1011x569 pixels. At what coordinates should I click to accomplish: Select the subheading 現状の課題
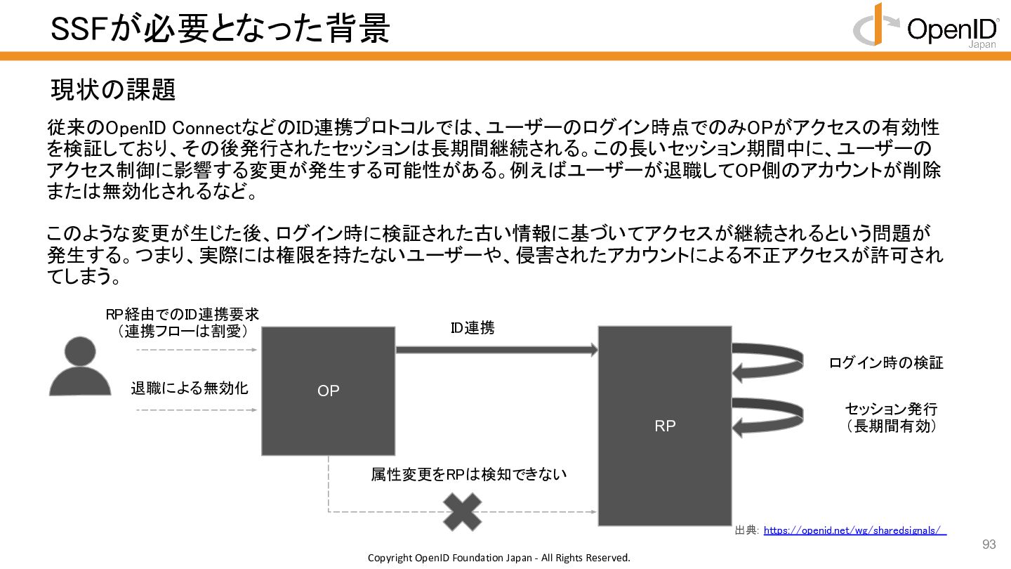[112, 89]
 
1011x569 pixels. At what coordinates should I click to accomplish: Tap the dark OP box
[328, 391]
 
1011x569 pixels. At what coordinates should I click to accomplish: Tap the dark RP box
[664, 426]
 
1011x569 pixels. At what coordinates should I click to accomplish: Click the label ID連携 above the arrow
[472, 328]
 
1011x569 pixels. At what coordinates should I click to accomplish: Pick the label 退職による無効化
[190, 388]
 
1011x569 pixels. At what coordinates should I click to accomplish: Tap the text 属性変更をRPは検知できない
[468, 475]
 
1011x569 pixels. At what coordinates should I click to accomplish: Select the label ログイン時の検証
[886, 362]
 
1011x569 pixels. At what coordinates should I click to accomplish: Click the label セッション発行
[891, 410]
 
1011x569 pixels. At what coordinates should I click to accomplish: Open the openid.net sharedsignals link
[854, 530]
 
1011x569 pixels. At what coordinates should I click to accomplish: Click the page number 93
[989, 545]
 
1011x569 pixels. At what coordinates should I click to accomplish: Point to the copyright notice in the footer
[499, 558]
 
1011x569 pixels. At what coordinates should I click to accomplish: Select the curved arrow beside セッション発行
[768, 416]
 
